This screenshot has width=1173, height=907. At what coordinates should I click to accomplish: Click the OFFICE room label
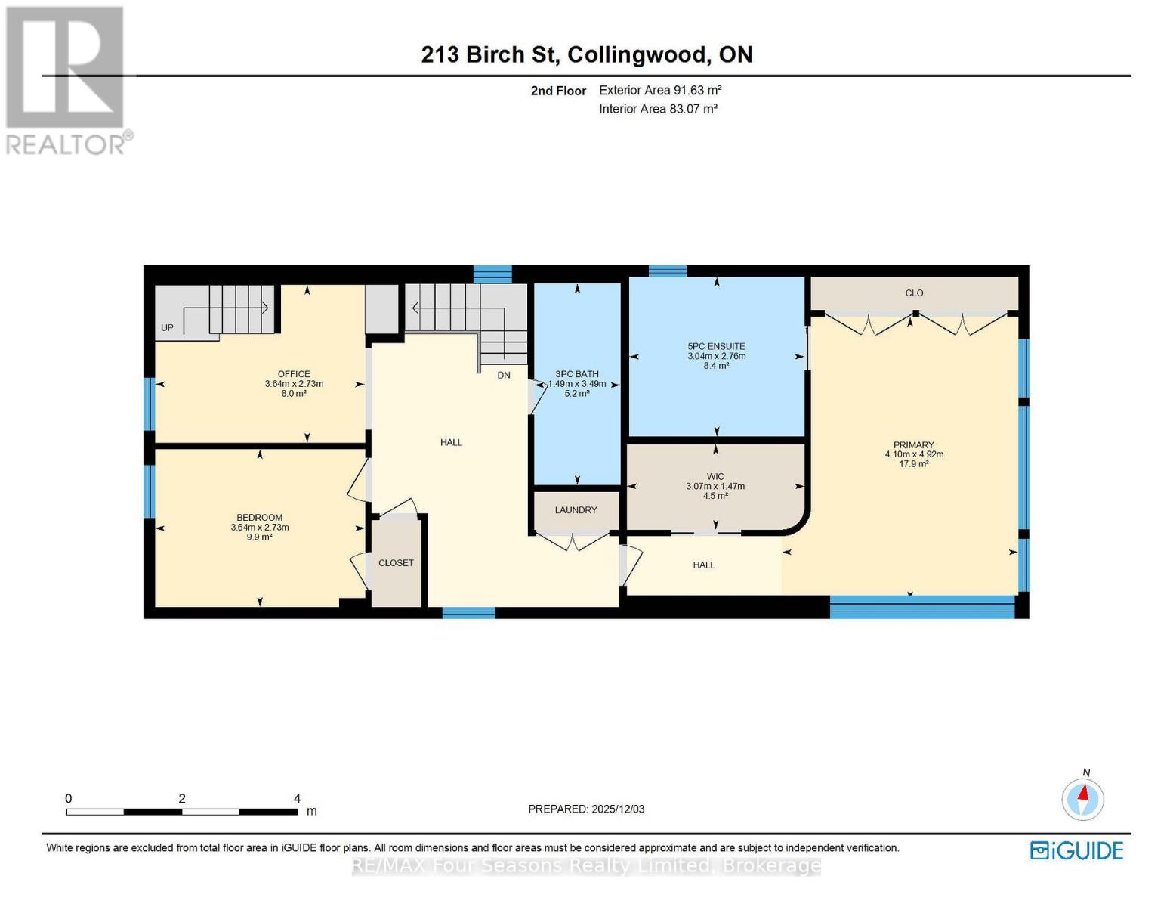pos(294,374)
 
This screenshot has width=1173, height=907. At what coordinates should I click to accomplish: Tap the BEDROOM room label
pos(259,518)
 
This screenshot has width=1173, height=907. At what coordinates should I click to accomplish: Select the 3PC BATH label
pos(576,374)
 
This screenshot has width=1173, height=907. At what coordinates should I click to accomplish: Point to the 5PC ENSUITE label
pos(716,346)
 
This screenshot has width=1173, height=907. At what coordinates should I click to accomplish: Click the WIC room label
pos(715,477)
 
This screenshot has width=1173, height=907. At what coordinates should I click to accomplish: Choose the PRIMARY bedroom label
pos(914,445)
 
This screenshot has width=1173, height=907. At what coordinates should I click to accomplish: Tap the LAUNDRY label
pos(576,510)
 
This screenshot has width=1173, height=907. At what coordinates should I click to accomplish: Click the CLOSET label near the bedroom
pos(396,563)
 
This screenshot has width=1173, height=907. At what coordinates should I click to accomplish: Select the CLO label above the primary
pos(914,293)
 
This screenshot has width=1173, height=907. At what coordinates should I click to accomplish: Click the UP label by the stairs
pos(167,328)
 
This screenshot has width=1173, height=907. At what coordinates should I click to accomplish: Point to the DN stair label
pos(504,375)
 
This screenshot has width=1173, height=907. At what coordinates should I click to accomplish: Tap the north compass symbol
pos(1083,798)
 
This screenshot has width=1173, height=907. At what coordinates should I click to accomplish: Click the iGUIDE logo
pos(1076,850)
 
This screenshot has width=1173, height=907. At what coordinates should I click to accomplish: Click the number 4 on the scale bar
pos(297,799)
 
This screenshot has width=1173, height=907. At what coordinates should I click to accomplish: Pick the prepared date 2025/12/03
pos(618,809)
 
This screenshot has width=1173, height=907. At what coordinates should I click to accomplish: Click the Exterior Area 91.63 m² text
pos(660,90)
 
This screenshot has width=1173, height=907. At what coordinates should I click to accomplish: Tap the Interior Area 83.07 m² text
pos(658,109)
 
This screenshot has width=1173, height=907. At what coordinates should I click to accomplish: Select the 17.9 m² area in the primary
pos(914,464)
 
